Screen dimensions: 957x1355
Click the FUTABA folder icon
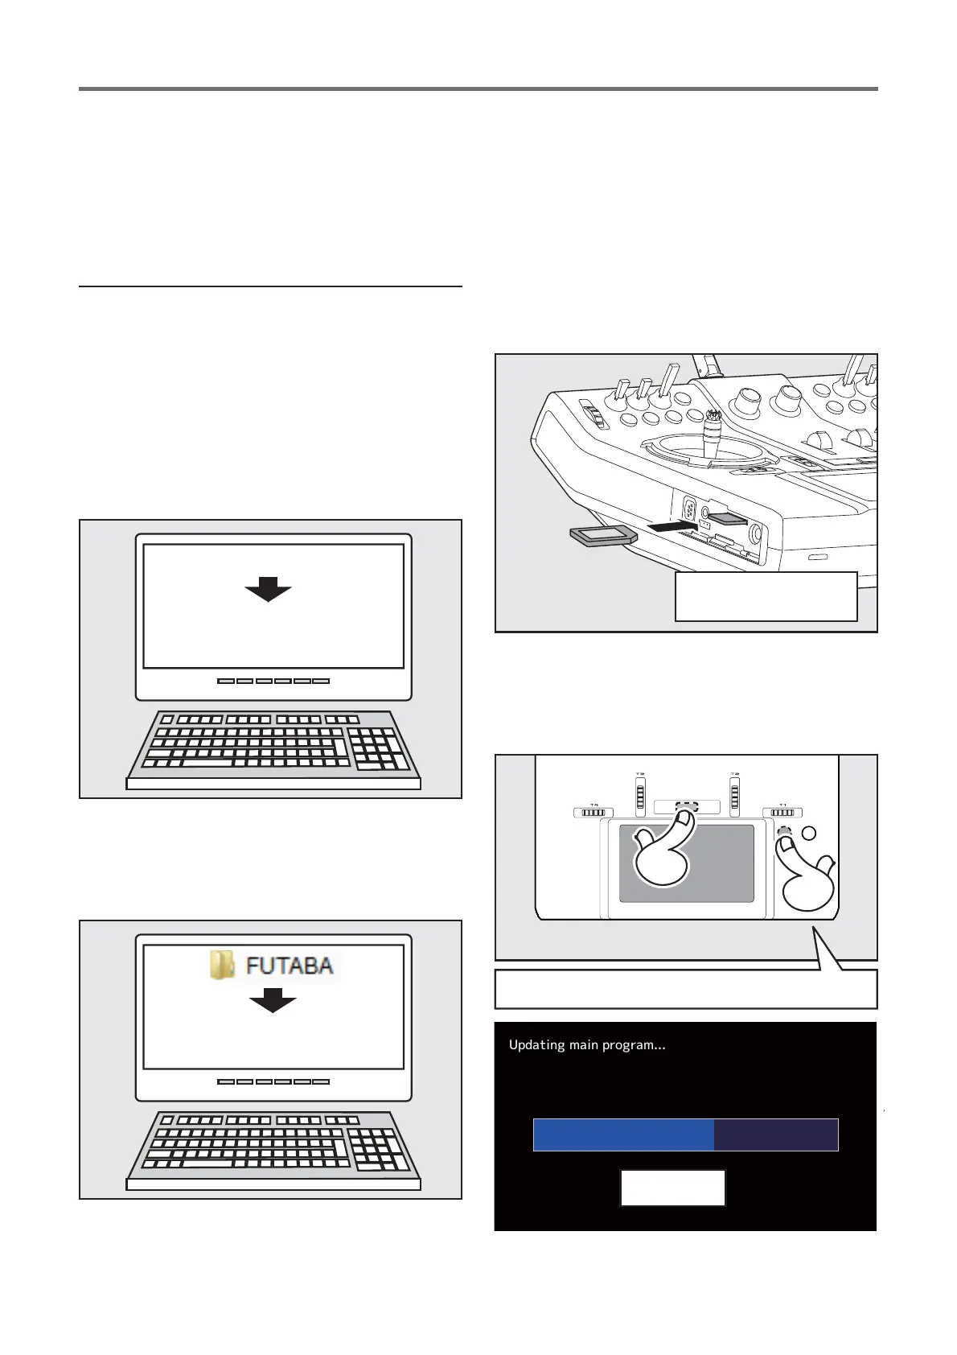click(222, 965)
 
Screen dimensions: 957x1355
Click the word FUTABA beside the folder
click(290, 966)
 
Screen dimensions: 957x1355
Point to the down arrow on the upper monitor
click(268, 590)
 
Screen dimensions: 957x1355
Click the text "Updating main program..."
click(587, 1045)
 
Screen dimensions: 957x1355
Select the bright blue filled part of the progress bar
click(623, 1135)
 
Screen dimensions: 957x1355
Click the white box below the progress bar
click(672, 1188)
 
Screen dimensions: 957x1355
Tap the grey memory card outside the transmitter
click(602, 537)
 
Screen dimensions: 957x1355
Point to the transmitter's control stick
click(713, 435)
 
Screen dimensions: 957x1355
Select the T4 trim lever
click(594, 813)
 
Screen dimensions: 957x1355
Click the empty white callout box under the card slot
click(766, 596)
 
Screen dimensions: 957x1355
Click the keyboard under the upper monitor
click(273, 745)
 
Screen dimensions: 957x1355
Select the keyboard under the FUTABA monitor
click(273, 1146)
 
